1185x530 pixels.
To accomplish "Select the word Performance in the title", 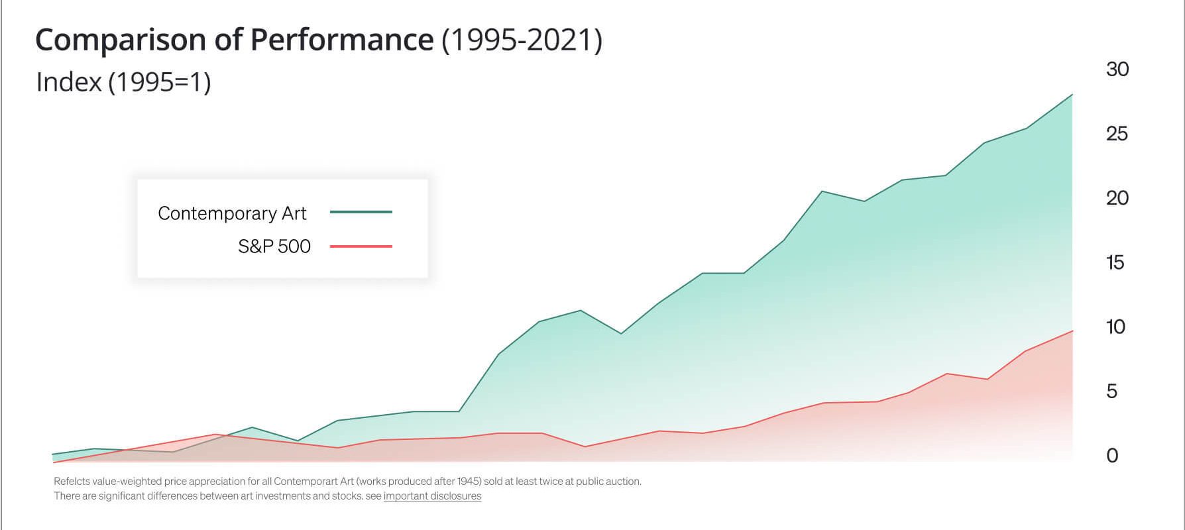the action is click(342, 40).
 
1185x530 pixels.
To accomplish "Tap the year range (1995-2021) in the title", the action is click(522, 40).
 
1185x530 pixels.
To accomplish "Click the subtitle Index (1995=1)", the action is click(124, 82).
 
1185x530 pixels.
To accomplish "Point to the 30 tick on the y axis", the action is click(1117, 69).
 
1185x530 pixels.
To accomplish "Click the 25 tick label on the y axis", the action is click(1117, 134).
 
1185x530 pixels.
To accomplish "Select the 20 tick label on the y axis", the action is click(1117, 197).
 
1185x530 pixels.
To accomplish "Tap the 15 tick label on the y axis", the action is click(1115, 262).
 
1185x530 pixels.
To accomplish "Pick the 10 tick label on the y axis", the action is click(1116, 327).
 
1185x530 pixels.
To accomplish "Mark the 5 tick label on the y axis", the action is click(1112, 391).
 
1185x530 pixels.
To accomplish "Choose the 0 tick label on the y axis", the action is click(1113, 455).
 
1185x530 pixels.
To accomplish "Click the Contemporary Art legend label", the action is click(232, 213).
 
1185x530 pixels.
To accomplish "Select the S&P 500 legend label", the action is click(274, 246).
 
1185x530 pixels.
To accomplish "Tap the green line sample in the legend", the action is click(361, 212).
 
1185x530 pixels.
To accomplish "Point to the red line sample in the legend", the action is click(361, 246).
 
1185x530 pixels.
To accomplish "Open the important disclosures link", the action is click(432, 496).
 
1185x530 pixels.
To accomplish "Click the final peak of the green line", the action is click(1072, 95).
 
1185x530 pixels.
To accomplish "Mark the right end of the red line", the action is click(1072, 331).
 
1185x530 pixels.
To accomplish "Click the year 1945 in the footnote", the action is click(469, 482).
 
